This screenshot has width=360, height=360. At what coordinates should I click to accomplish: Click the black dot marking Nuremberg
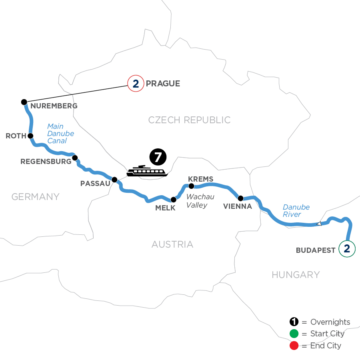(24, 102)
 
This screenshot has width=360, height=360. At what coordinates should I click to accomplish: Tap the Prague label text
(163, 84)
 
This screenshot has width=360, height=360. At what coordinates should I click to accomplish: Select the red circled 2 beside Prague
(135, 84)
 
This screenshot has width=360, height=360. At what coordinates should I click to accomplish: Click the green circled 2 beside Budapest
(347, 249)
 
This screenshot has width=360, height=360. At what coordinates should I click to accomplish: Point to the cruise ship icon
(146, 171)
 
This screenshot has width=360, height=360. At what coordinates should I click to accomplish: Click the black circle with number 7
(157, 157)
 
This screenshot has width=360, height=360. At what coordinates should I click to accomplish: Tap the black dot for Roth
(30, 136)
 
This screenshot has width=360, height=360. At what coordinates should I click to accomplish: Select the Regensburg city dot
(74, 157)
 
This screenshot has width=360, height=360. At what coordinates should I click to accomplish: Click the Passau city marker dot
(114, 180)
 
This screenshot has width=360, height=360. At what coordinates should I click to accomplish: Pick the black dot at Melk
(173, 199)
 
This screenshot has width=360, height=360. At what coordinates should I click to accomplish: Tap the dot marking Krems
(191, 186)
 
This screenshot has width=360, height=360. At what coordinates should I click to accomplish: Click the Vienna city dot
(240, 198)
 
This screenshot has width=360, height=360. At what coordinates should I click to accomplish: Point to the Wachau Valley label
(200, 201)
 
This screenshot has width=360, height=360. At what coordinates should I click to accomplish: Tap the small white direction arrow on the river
(319, 224)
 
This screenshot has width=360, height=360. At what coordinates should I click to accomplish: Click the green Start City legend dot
(294, 334)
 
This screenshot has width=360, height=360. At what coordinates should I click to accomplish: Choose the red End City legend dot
(294, 346)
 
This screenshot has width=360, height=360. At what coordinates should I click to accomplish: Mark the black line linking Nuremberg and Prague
(76, 93)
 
